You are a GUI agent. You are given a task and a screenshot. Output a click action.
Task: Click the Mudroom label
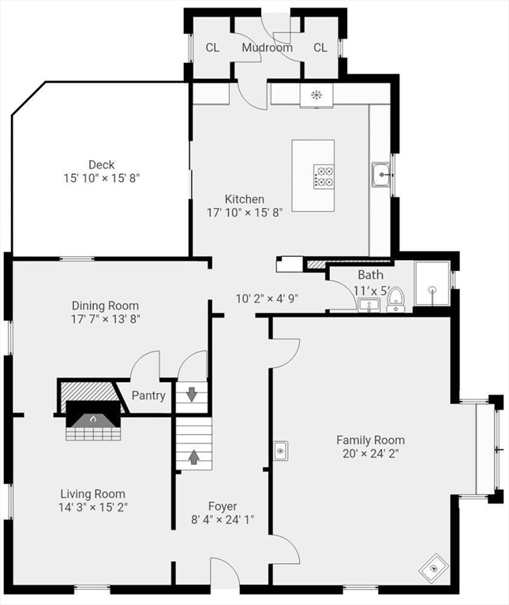[x=267, y=47]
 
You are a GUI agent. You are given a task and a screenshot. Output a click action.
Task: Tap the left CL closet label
[x=212, y=47]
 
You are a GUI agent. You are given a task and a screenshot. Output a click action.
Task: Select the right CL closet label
[x=320, y=47]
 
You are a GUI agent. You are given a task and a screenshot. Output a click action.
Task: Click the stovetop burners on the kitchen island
[x=324, y=176]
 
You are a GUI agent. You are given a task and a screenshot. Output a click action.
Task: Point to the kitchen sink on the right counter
[x=381, y=174]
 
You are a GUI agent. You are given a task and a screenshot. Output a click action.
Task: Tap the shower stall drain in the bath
[x=432, y=289]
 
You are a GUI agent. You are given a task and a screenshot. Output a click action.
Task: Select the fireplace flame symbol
[x=93, y=419]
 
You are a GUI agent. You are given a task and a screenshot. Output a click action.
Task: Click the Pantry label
[x=148, y=395]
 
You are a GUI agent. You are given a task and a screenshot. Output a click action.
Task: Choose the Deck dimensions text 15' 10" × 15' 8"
[x=101, y=179]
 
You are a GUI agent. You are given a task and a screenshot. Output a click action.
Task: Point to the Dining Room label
[x=105, y=306]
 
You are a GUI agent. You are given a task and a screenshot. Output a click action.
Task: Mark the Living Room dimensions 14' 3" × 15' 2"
[x=94, y=507]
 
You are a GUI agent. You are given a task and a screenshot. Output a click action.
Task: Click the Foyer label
[x=223, y=506]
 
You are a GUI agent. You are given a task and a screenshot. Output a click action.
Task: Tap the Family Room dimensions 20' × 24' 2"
[x=370, y=454]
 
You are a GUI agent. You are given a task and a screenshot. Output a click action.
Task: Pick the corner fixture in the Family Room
[x=433, y=566]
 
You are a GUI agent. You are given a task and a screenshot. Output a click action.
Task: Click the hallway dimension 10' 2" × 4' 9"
[x=267, y=299]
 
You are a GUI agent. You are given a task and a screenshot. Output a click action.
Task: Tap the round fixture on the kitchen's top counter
[x=316, y=95]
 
